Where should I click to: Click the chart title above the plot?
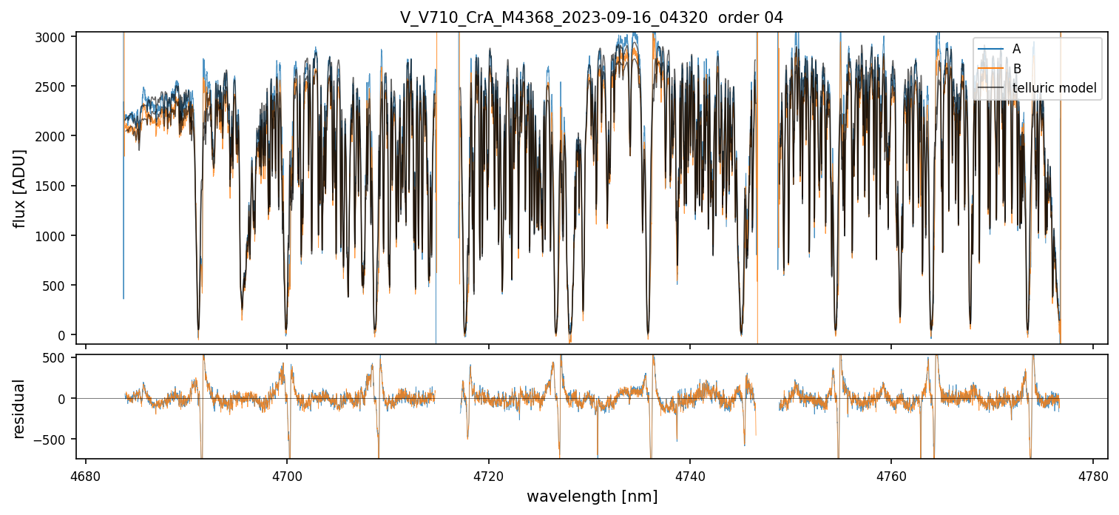point(591,18)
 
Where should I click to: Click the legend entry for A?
point(1016,50)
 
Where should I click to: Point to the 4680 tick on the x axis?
point(86,474)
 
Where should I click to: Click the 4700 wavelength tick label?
point(287,474)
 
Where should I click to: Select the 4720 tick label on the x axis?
point(488,474)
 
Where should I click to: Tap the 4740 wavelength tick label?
point(690,474)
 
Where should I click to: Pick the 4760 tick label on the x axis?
point(891,474)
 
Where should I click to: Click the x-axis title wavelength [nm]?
point(592,497)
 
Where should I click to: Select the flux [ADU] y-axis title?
point(20,188)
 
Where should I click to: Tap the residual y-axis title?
point(20,408)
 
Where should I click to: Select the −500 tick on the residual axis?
point(58,439)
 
